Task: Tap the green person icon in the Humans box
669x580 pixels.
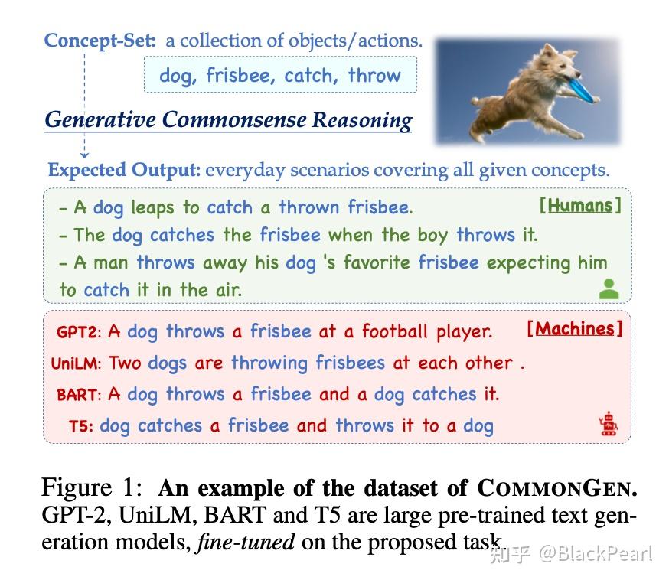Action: [609, 288]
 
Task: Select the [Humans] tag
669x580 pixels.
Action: [580, 205]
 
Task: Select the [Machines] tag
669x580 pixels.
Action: [574, 329]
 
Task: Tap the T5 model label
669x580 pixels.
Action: [80, 427]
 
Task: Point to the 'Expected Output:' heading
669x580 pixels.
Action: [124, 170]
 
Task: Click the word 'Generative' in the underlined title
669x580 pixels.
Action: [100, 120]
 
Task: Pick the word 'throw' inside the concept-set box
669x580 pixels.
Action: [374, 76]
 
